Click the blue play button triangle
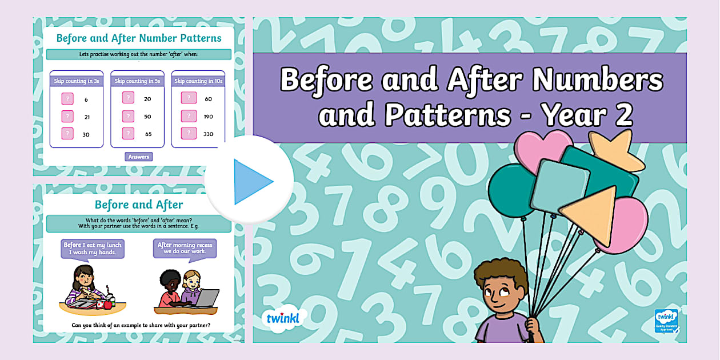[252, 182]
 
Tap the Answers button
[139, 157]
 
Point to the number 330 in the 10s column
[208, 134]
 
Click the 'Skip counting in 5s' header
[137, 81]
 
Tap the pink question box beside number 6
[67, 99]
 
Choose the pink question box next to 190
[189, 116]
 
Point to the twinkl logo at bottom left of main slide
[284, 318]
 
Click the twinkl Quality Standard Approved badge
[666, 321]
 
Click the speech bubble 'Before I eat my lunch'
[91, 248]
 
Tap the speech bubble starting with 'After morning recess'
[185, 248]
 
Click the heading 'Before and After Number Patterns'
[139, 39]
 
